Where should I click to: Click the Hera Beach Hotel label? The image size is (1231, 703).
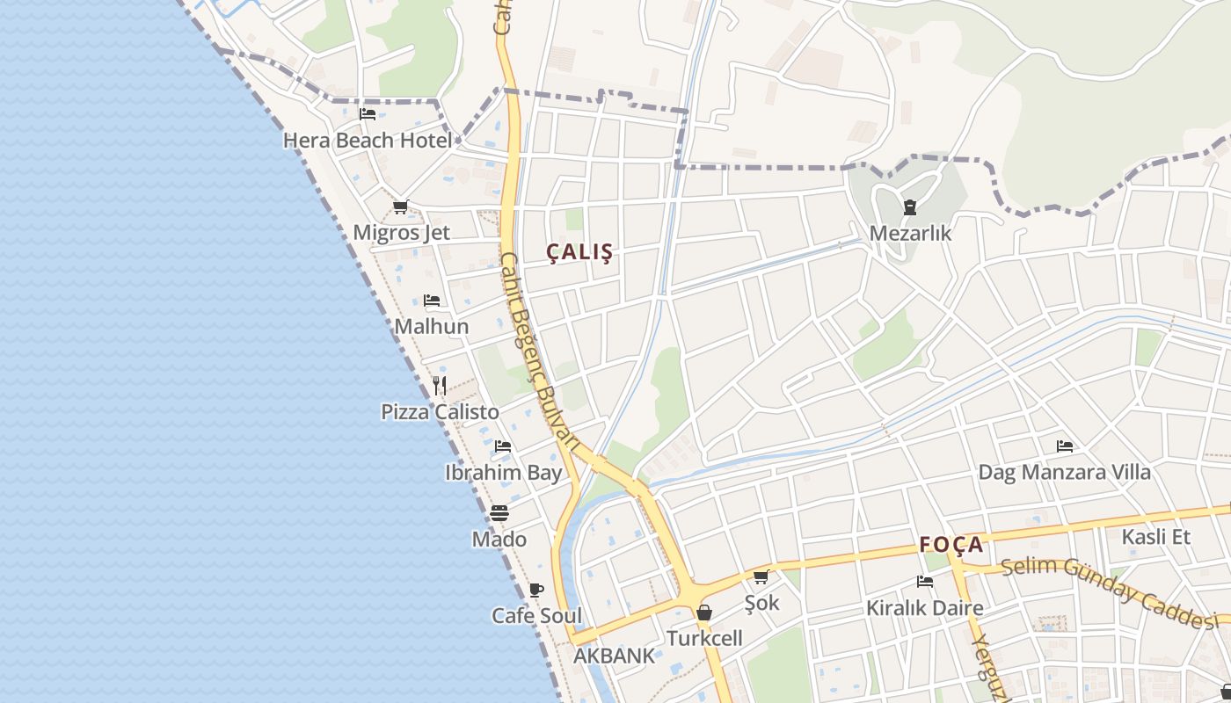click(x=368, y=141)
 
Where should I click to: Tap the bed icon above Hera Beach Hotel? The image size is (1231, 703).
click(x=368, y=113)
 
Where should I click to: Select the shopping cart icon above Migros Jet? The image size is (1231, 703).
click(x=401, y=207)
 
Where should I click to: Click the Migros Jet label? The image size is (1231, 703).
click(x=401, y=233)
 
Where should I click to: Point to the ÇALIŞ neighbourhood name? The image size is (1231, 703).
click(x=579, y=252)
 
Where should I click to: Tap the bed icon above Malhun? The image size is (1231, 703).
click(x=432, y=301)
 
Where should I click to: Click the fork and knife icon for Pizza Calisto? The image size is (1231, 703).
click(x=440, y=385)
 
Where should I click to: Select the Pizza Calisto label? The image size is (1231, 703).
click(x=440, y=412)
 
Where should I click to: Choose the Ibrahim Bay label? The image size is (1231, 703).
click(x=503, y=473)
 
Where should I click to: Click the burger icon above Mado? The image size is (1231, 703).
click(x=499, y=512)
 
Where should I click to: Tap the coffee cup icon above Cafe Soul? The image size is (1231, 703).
click(x=536, y=590)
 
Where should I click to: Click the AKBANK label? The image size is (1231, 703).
click(x=615, y=656)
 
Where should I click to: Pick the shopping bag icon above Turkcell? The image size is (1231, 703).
click(x=704, y=612)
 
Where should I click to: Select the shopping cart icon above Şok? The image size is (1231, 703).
click(x=761, y=576)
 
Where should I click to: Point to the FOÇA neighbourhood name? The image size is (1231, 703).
click(x=951, y=545)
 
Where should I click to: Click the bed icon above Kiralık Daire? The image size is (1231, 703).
click(x=924, y=581)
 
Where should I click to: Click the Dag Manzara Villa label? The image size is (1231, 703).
click(x=1064, y=473)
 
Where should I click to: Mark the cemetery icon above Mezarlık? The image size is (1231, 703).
click(x=910, y=207)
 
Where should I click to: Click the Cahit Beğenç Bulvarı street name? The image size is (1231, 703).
click(x=540, y=351)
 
